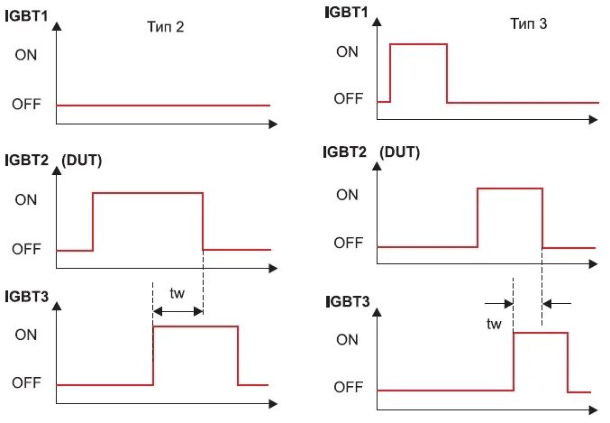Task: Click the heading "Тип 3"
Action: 529,24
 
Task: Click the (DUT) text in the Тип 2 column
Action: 82,161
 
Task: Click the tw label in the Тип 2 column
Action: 177,294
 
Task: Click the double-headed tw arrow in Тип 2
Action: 178,311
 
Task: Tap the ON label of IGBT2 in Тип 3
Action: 347,194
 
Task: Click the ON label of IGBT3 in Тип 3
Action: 347,340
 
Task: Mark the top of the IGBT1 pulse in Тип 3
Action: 418,44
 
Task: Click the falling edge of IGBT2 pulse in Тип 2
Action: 203,221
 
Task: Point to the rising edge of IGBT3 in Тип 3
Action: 513,361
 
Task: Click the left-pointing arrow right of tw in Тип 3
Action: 557,304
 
